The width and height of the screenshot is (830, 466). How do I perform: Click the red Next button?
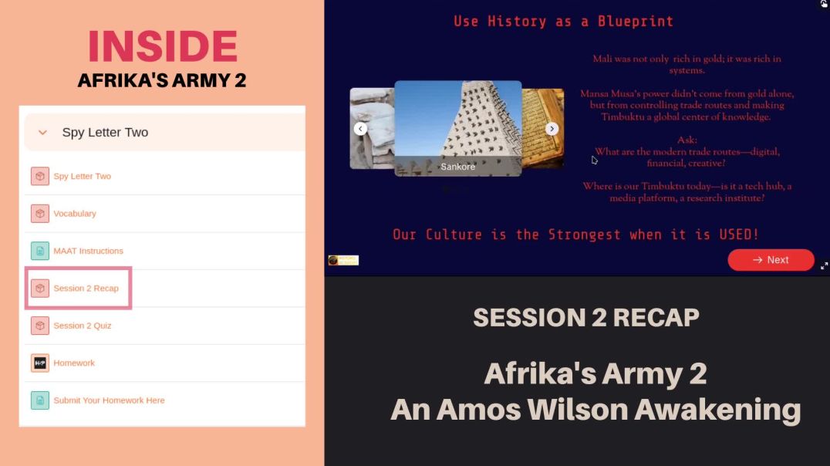(x=771, y=260)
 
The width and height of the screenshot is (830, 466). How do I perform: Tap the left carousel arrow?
(x=360, y=129)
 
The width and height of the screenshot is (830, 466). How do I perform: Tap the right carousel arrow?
(x=552, y=129)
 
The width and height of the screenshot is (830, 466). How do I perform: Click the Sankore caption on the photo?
(x=457, y=167)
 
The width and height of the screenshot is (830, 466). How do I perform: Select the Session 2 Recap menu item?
(x=86, y=289)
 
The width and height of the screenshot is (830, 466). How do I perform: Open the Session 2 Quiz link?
(x=82, y=326)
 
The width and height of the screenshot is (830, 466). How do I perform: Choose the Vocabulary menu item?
(x=75, y=214)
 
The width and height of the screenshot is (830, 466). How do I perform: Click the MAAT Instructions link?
(x=88, y=251)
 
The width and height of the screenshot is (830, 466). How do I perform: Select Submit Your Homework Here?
(x=109, y=400)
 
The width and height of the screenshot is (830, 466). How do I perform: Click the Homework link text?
(x=74, y=363)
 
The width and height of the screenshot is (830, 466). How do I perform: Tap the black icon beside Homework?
(x=40, y=363)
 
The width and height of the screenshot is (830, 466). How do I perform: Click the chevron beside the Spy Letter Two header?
(x=42, y=133)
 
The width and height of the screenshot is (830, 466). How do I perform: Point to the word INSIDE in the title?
(x=162, y=46)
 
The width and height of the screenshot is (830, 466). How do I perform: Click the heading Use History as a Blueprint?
(x=563, y=22)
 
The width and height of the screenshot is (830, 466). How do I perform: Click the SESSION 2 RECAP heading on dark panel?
(x=586, y=317)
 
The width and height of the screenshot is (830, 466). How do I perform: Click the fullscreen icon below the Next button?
(x=824, y=265)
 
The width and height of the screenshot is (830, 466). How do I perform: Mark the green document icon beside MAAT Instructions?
(x=40, y=251)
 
